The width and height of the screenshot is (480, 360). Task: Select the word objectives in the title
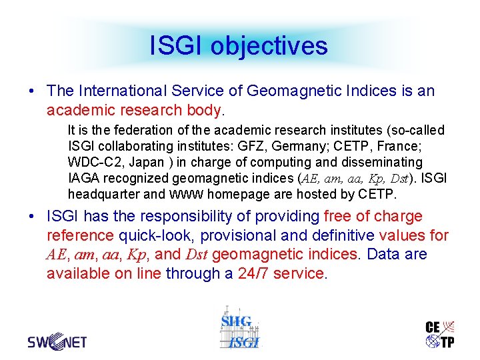coord(269,46)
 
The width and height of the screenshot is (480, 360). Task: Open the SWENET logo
coord(57,341)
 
